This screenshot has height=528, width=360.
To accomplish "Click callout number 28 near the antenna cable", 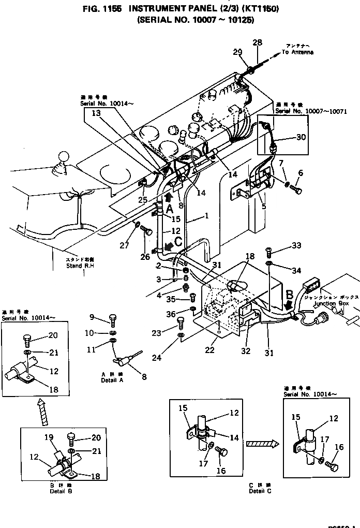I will (x=257, y=42).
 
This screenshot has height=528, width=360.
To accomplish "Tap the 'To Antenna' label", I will (x=297, y=52).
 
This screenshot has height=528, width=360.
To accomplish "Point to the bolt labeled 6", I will (x=297, y=190).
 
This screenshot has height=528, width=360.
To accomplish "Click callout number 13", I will (x=97, y=112).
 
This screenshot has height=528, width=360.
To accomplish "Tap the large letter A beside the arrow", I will (x=169, y=208).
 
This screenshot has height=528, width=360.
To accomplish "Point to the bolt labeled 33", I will (x=268, y=252).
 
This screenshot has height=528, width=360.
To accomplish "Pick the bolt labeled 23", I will (x=181, y=323).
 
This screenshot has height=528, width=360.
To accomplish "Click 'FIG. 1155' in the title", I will (x=102, y=9).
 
